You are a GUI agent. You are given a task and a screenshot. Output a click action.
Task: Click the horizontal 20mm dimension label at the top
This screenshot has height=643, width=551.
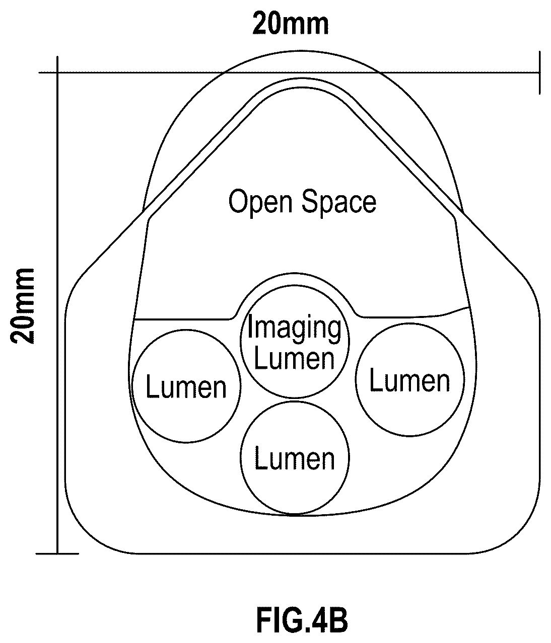click(x=290, y=24)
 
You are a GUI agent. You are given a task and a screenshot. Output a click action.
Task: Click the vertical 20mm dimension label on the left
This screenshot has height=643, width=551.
click(x=23, y=306)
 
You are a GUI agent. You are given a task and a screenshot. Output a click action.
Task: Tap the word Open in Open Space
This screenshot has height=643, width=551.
click(x=260, y=202)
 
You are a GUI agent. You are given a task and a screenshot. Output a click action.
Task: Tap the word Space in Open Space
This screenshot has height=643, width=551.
click(x=339, y=202)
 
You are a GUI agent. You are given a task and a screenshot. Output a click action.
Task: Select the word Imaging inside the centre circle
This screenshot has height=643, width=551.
click(x=295, y=330)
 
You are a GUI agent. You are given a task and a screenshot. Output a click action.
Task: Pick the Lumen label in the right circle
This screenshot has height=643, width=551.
click(x=409, y=380)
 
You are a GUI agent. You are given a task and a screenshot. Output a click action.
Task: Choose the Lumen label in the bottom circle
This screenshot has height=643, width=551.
click(x=295, y=458)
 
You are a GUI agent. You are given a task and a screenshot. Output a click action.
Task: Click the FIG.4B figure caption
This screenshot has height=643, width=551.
click(x=302, y=621)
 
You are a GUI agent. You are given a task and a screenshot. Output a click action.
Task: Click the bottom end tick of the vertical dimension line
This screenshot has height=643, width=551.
click(x=57, y=554)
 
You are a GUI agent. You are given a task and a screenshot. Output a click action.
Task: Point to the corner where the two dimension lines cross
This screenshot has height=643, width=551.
click(x=57, y=72)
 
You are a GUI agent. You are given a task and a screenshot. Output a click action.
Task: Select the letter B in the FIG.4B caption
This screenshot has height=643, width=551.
click(x=338, y=621)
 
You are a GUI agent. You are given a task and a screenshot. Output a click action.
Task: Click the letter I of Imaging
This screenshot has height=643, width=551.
click(x=250, y=326)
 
